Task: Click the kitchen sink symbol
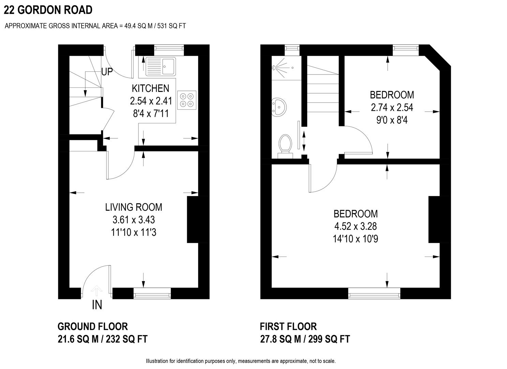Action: [161, 66]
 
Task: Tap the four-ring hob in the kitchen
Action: [187, 100]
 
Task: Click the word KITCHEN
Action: [150, 88]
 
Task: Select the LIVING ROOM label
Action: [133, 207]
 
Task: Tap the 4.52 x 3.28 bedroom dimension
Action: [355, 226]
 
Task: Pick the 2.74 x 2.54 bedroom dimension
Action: [392, 107]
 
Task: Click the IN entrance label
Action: [97, 305]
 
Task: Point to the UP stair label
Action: [107, 72]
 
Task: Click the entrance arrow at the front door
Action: [97, 291]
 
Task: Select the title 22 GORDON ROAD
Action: [48, 10]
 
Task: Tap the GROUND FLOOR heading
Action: [93, 327]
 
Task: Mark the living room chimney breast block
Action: [193, 219]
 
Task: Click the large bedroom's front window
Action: [374, 293]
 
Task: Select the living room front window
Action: [152, 293]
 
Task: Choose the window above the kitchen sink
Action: [169, 49]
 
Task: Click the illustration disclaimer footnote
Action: [241, 361]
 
